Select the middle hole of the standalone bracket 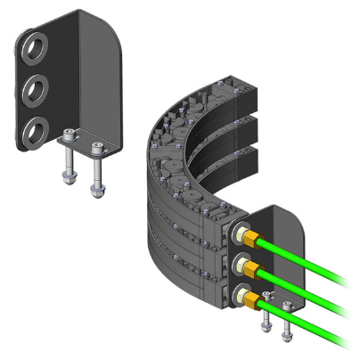35,87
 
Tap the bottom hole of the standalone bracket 35,130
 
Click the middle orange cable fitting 252,268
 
